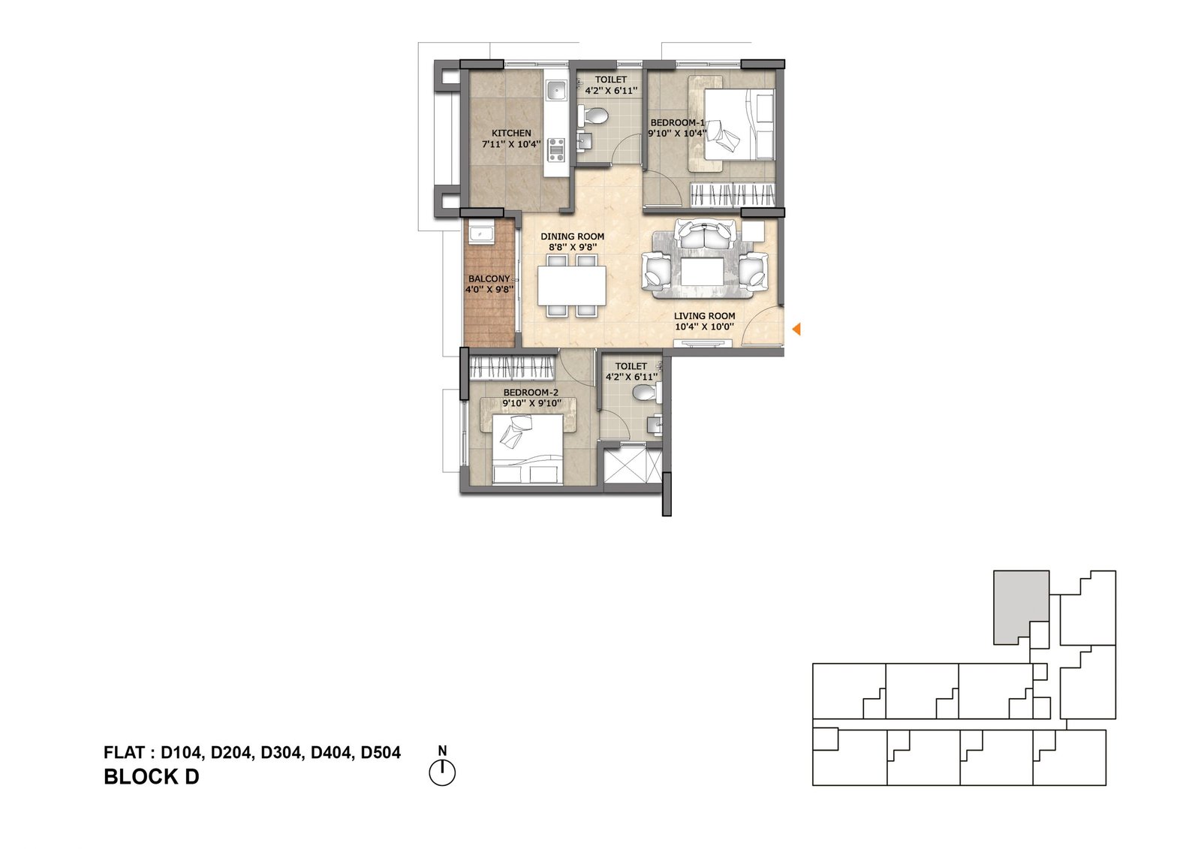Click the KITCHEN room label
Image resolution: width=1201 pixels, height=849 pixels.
pyautogui.click(x=511, y=133)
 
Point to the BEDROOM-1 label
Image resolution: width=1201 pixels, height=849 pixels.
pyautogui.click(x=677, y=123)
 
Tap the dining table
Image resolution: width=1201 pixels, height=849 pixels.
pyautogui.click(x=572, y=285)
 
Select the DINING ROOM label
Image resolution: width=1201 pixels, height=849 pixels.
pyautogui.click(x=572, y=236)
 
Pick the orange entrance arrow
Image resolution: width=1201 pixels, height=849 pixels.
pyautogui.click(x=796, y=329)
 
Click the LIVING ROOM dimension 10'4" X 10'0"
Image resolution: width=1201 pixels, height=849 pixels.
pyautogui.click(x=704, y=327)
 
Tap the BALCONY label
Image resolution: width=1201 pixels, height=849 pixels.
pyautogui.click(x=489, y=279)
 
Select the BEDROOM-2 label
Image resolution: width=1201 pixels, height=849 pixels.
pyautogui.click(x=531, y=393)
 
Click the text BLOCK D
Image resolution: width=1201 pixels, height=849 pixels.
pyautogui.click(x=151, y=777)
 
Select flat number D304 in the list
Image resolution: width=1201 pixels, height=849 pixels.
pyautogui.click(x=281, y=753)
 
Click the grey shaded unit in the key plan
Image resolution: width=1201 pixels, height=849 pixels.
pyautogui.click(x=1019, y=605)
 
